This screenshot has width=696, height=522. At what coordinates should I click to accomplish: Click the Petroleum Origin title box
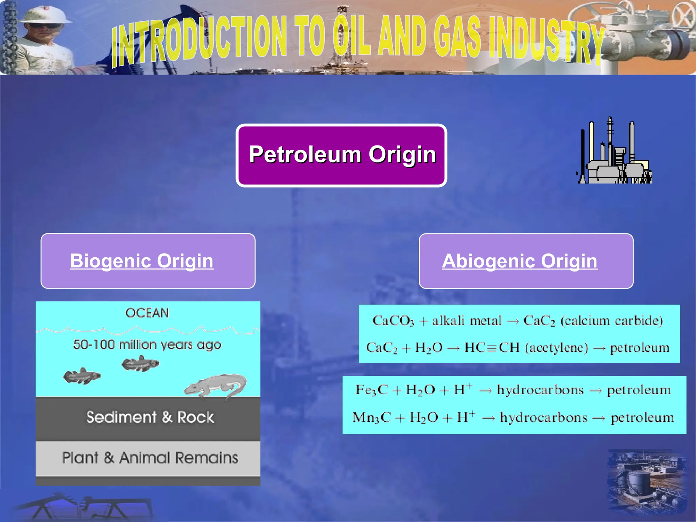[341, 155]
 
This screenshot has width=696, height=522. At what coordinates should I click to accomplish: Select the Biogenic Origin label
[142, 261]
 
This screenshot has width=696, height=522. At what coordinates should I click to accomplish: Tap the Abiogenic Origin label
[519, 261]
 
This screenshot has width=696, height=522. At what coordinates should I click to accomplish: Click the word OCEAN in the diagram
[147, 313]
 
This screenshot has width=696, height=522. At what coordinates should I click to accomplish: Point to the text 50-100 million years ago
[147, 345]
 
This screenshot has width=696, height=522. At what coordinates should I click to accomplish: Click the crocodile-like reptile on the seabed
[216, 386]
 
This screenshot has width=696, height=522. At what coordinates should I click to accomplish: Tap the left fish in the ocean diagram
[82, 376]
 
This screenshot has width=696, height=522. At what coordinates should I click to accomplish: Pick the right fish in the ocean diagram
[140, 364]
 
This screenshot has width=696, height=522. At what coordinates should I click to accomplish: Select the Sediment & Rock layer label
[150, 417]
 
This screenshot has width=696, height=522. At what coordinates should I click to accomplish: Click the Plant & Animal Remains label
[150, 457]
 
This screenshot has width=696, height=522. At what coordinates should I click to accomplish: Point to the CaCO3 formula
[393, 321]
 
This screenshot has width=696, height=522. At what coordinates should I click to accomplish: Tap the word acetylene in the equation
[557, 348]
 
